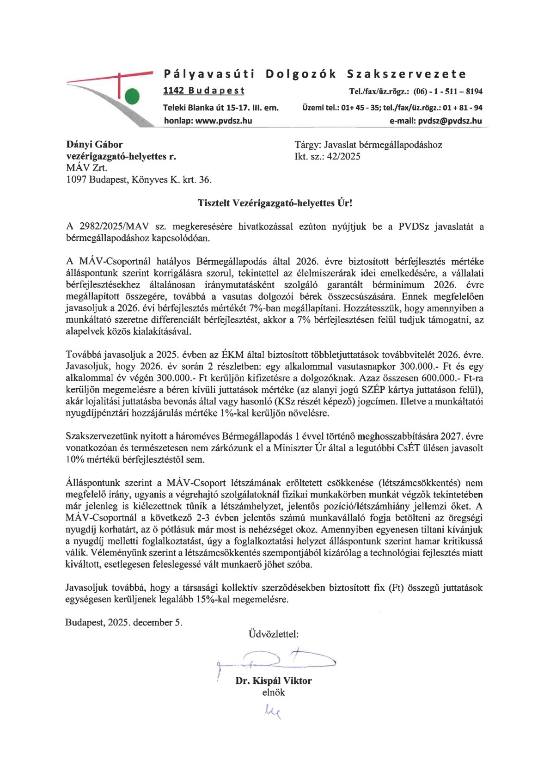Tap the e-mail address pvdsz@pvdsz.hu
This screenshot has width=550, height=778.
coord(450,121)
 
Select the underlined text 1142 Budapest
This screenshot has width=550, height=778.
coord(204,91)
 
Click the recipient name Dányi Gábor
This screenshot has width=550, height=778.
coord(95,145)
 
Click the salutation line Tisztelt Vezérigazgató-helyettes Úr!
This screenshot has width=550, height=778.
coord(275,203)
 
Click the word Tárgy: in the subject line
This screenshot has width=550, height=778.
coord(307,145)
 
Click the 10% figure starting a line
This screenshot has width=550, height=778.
coord(74,459)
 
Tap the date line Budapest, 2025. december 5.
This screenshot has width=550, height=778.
coord(124,623)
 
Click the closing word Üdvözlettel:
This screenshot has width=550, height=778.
coord(274,634)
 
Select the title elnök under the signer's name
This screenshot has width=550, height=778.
coord(274,692)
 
